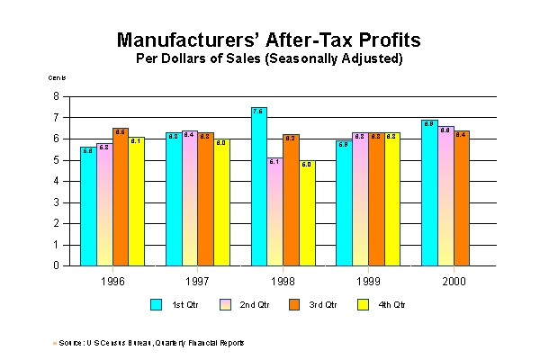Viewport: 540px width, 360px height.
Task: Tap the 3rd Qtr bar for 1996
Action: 120,197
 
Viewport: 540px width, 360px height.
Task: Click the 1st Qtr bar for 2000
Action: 429,193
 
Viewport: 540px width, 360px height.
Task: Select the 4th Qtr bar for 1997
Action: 221,202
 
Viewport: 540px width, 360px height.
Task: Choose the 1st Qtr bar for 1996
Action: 87,206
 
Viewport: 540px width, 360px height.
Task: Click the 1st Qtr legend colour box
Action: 156,305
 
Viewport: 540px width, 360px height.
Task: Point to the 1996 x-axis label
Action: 112,281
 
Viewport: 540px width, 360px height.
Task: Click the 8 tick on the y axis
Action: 56,96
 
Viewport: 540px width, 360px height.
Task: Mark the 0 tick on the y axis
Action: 56,265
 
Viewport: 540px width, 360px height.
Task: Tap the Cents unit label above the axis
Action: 56,79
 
